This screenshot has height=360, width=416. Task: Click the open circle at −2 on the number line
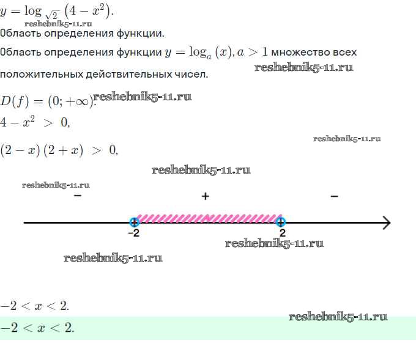pos(134,222)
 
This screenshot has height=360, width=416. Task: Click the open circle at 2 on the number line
pos(281,222)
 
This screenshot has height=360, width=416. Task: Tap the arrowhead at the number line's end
pos(387,222)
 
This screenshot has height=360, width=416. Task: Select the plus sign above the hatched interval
pos(206,196)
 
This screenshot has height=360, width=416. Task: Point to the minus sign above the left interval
pos(78,196)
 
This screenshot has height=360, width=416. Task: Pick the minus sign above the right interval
pos(334,196)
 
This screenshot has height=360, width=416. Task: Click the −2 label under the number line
pos(134,233)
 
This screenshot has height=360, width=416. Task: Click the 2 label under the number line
pos(283,233)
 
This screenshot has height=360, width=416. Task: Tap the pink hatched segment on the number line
pos(209,218)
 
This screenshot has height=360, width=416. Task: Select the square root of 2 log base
pos(53,15)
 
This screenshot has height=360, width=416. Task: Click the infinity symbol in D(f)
pos(82,101)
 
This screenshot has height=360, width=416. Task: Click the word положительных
pos(41,75)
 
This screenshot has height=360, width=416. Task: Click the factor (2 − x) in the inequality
pos(20,150)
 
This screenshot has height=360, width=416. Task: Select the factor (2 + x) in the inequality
pos(64,150)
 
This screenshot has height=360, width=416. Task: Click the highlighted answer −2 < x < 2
pos(37,328)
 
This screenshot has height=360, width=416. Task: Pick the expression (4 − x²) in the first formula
pos(87,12)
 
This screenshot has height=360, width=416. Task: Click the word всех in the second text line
pos(344,52)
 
